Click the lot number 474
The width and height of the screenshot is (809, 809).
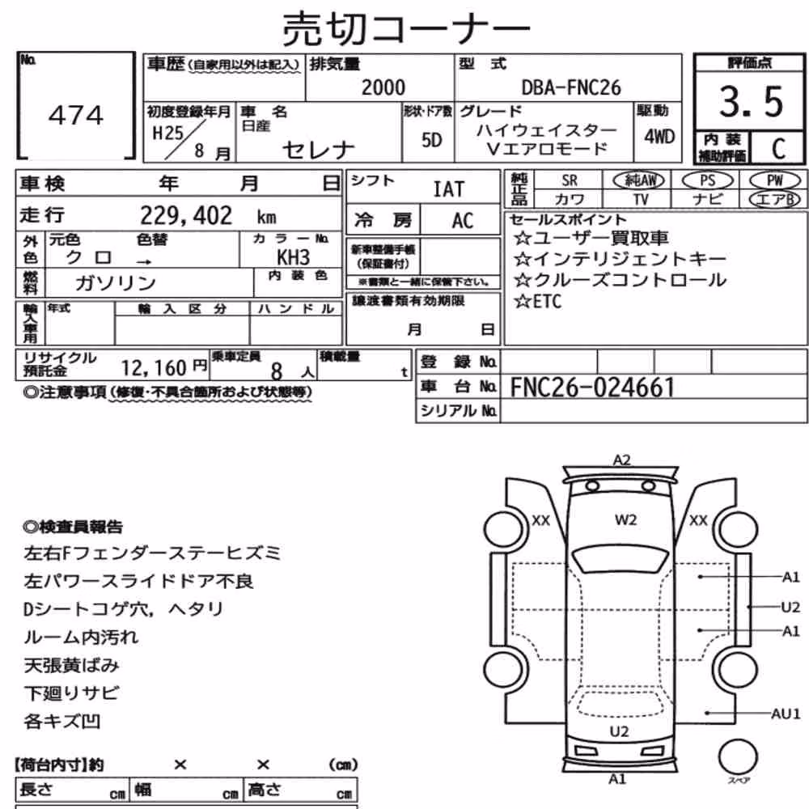[76, 115]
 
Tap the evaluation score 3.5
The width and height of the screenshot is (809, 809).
[751, 101]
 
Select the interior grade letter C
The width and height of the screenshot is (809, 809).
[778, 149]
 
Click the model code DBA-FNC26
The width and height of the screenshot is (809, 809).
[571, 87]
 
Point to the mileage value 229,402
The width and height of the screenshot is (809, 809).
[186, 215]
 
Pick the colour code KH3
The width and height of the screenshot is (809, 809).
[293, 257]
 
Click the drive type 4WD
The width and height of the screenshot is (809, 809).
[659, 137]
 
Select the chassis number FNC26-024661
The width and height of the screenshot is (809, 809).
[592, 388]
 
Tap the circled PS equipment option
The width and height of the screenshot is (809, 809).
[707, 180]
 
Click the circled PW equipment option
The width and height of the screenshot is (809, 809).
[775, 180]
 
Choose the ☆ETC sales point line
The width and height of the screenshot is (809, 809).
[538, 301]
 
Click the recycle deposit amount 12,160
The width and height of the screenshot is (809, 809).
[153, 368]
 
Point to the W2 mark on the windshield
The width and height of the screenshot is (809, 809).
[625, 520]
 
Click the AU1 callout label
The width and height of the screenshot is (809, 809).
[786, 714]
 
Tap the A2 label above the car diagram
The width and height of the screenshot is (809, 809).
[621, 460]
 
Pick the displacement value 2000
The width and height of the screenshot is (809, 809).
[383, 87]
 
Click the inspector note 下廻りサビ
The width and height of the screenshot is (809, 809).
[71, 693]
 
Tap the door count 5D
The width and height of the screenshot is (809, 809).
[431, 140]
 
